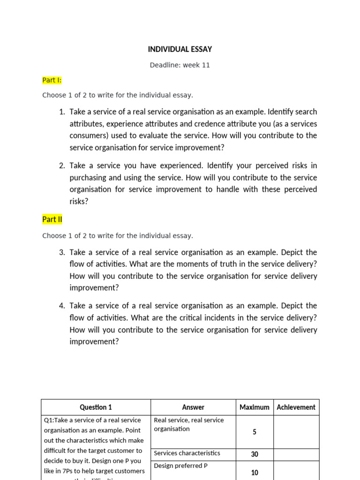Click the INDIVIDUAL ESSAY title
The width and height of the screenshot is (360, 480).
click(180, 49)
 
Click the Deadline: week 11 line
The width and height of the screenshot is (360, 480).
click(180, 65)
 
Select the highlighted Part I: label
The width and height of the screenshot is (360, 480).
click(52, 80)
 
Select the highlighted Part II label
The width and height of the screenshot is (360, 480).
click(52, 219)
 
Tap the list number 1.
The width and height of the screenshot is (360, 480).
click(61, 112)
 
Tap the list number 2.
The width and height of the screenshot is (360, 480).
click(61, 166)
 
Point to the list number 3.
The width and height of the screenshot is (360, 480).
click(61, 252)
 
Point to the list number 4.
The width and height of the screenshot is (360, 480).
click(61, 306)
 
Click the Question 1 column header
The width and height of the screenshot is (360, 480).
click(96, 407)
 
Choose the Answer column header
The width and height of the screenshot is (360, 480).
click(193, 407)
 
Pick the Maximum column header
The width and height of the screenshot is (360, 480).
click(255, 407)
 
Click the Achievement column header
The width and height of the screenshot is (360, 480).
click(296, 407)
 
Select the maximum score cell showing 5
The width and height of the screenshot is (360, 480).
click(255, 432)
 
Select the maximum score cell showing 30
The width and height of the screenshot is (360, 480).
click(255, 454)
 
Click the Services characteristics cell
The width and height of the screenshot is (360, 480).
click(187, 453)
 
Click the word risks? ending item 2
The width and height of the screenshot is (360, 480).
click(79, 201)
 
